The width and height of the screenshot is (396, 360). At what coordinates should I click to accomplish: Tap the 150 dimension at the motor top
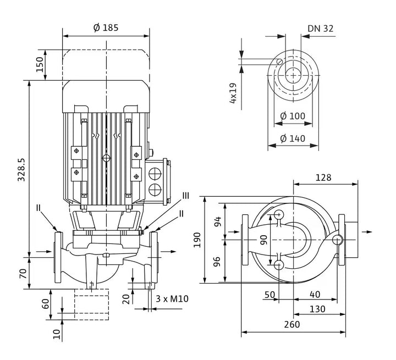tap(39, 64)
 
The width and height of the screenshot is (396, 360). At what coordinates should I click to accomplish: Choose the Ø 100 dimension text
tap(293, 116)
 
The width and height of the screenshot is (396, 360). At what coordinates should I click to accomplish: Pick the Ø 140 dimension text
tap(293, 139)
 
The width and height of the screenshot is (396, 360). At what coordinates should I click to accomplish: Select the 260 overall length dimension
tap(292, 324)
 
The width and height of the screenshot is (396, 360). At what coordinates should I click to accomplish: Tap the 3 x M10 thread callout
tap(172, 299)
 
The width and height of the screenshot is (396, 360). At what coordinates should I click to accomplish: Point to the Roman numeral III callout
tap(186, 196)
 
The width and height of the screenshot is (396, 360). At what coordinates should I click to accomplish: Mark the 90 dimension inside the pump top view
tap(263, 240)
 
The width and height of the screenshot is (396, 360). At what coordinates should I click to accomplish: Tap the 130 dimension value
tap(317, 309)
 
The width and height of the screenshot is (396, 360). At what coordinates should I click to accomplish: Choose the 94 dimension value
tap(218, 221)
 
